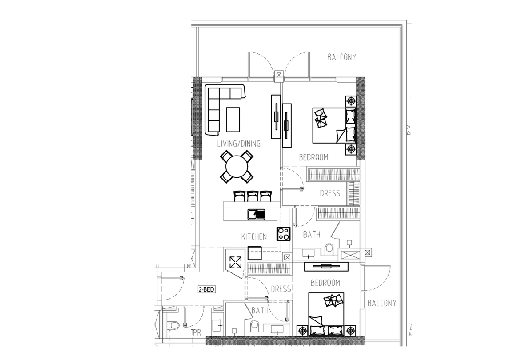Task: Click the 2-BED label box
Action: coord(206,289)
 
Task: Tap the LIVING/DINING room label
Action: coord(239,144)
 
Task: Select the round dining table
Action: coord(237,166)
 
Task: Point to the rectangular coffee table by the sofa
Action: coord(233,119)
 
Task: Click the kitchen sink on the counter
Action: coord(257,214)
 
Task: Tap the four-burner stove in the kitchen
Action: coord(284,234)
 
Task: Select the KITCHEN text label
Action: coord(254,236)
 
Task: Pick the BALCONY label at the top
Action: coord(341,57)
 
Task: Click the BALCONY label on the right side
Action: coord(382,303)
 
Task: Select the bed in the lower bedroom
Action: coord(326,314)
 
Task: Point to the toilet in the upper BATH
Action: coord(329,248)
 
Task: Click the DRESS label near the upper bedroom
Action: coord(330,193)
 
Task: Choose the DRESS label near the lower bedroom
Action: coord(281,289)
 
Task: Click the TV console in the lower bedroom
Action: coord(326,266)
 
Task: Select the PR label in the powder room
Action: coord(197,332)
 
